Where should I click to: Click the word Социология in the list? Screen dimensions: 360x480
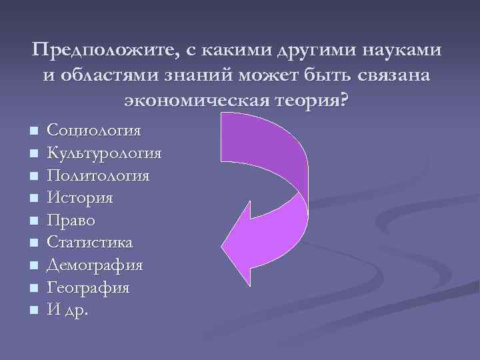tap(93, 130)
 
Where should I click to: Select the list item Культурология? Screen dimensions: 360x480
tap(104, 153)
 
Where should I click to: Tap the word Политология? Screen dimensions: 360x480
tap(98, 175)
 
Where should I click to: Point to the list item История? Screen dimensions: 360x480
tap(80, 198)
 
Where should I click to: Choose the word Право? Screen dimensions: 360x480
tap(71, 220)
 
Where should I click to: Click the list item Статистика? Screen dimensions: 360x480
tap(89, 243)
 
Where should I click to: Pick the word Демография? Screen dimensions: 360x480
tap(95, 265)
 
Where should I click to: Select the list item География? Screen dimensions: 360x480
tap(88, 288)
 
